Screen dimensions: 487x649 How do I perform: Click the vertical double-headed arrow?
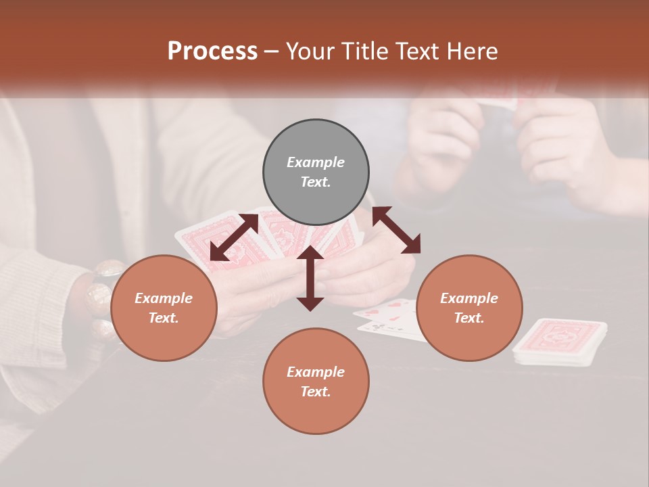click(x=310, y=278)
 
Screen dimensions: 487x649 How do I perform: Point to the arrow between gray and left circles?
click(x=234, y=237)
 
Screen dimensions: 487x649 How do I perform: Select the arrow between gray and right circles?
click(x=396, y=231)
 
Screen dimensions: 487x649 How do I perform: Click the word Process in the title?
click(x=212, y=51)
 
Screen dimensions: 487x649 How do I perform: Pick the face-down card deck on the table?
click(x=559, y=341)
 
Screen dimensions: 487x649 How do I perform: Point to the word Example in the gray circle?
click(x=316, y=162)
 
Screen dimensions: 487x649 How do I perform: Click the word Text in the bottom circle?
click(x=315, y=392)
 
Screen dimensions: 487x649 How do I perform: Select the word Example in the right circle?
click(x=469, y=298)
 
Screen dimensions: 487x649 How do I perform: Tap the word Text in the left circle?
click(x=163, y=318)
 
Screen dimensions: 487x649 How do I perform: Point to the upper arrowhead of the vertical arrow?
click(x=310, y=253)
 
